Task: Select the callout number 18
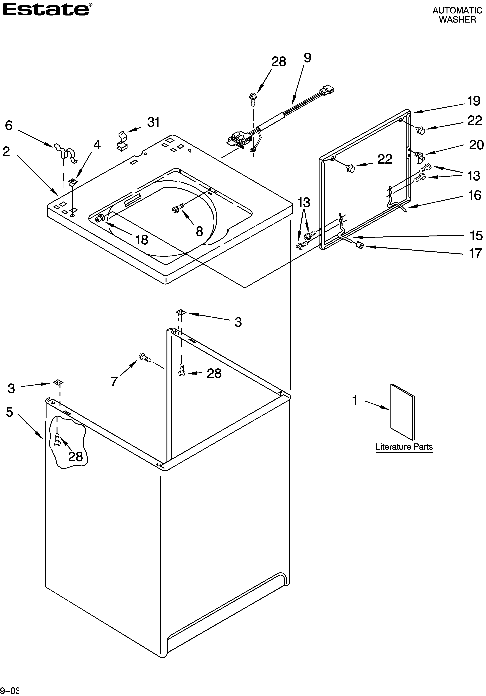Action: point(142,240)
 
